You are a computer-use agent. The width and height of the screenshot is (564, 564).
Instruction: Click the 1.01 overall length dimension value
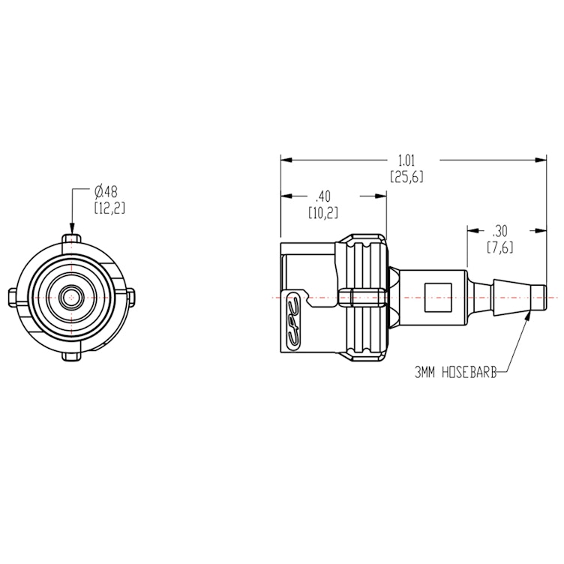(406, 160)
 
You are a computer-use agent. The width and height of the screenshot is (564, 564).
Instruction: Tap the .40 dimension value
(323, 196)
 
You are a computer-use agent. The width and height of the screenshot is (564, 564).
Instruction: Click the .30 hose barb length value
(499, 231)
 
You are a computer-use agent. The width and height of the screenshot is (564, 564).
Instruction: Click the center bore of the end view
(71, 297)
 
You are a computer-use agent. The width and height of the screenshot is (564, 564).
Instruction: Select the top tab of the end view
(71, 238)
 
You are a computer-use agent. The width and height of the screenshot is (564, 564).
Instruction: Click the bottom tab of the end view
(71, 355)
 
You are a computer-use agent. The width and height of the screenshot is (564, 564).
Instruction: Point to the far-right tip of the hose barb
(544, 297)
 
